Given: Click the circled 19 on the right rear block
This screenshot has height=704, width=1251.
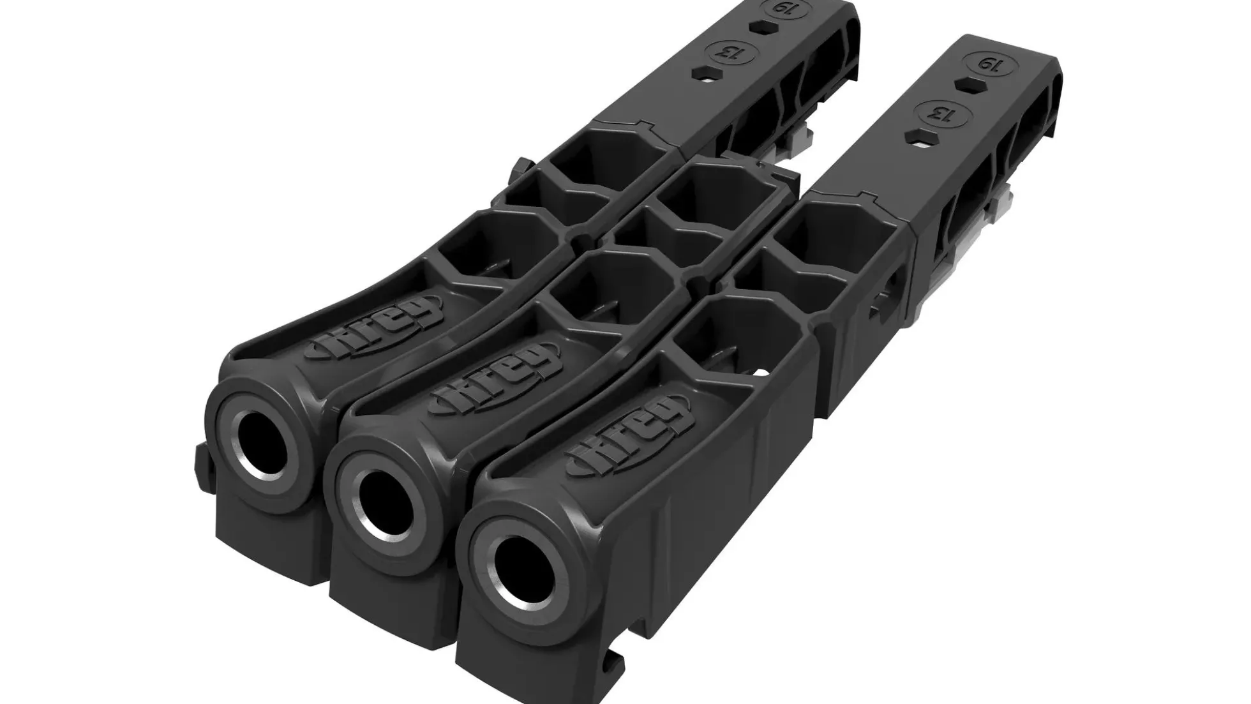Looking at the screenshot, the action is point(989,64).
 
